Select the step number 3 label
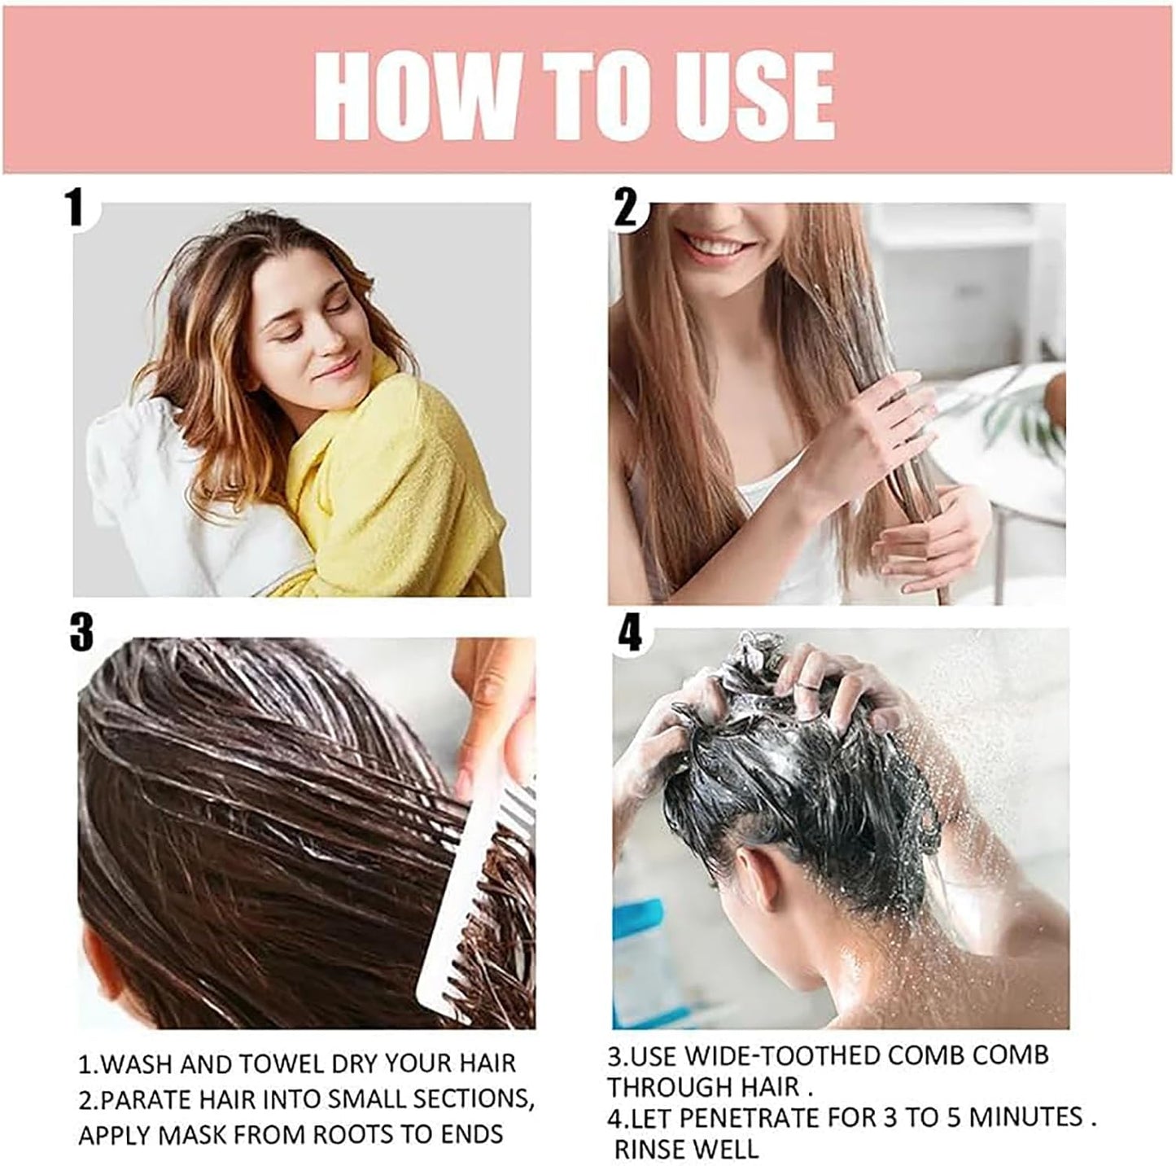[x=81, y=632]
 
